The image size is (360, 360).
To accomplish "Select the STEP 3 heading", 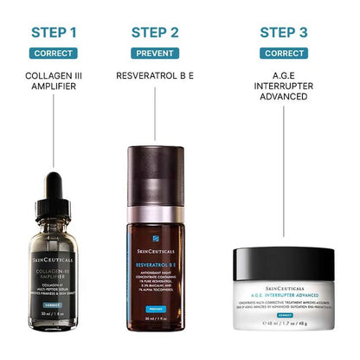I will [x=283, y=33].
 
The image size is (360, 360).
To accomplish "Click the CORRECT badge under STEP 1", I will [x=54, y=53].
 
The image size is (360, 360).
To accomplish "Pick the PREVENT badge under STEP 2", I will [x=155, y=53].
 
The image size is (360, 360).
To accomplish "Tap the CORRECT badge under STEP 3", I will [x=283, y=53].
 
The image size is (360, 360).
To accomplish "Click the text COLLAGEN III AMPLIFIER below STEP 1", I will [x=54, y=81].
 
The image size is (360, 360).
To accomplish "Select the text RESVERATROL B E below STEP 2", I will [x=155, y=75].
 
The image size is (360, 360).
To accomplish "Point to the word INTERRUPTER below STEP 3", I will [x=283, y=86].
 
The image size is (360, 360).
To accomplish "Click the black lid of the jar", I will [x=283, y=259].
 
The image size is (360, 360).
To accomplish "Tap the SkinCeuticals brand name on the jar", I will [x=283, y=284].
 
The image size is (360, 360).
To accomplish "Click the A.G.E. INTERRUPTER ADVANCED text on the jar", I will [x=283, y=293].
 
